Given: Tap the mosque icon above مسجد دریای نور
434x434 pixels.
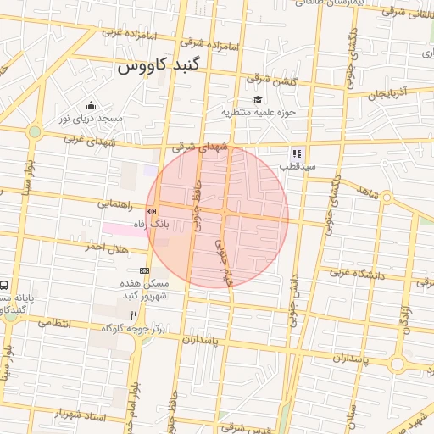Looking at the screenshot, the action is [91, 106].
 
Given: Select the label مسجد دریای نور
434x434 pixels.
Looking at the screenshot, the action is [91, 119].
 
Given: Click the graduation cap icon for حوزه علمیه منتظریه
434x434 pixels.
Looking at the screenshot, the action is [258, 99].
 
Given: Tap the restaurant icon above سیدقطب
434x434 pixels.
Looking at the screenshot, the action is [297, 153].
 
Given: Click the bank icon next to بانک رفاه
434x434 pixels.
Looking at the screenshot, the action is [151, 210].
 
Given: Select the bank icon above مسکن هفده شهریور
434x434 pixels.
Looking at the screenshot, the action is [144, 270].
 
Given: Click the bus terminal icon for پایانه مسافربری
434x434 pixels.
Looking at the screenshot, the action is [5, 287].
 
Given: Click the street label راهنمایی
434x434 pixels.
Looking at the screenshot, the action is [113, 203].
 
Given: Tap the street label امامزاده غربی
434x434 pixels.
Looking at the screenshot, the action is [126, 34].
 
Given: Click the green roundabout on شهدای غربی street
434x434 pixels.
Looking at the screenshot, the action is [34, 131].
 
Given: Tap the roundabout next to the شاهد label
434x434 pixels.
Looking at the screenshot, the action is [387, 198].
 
